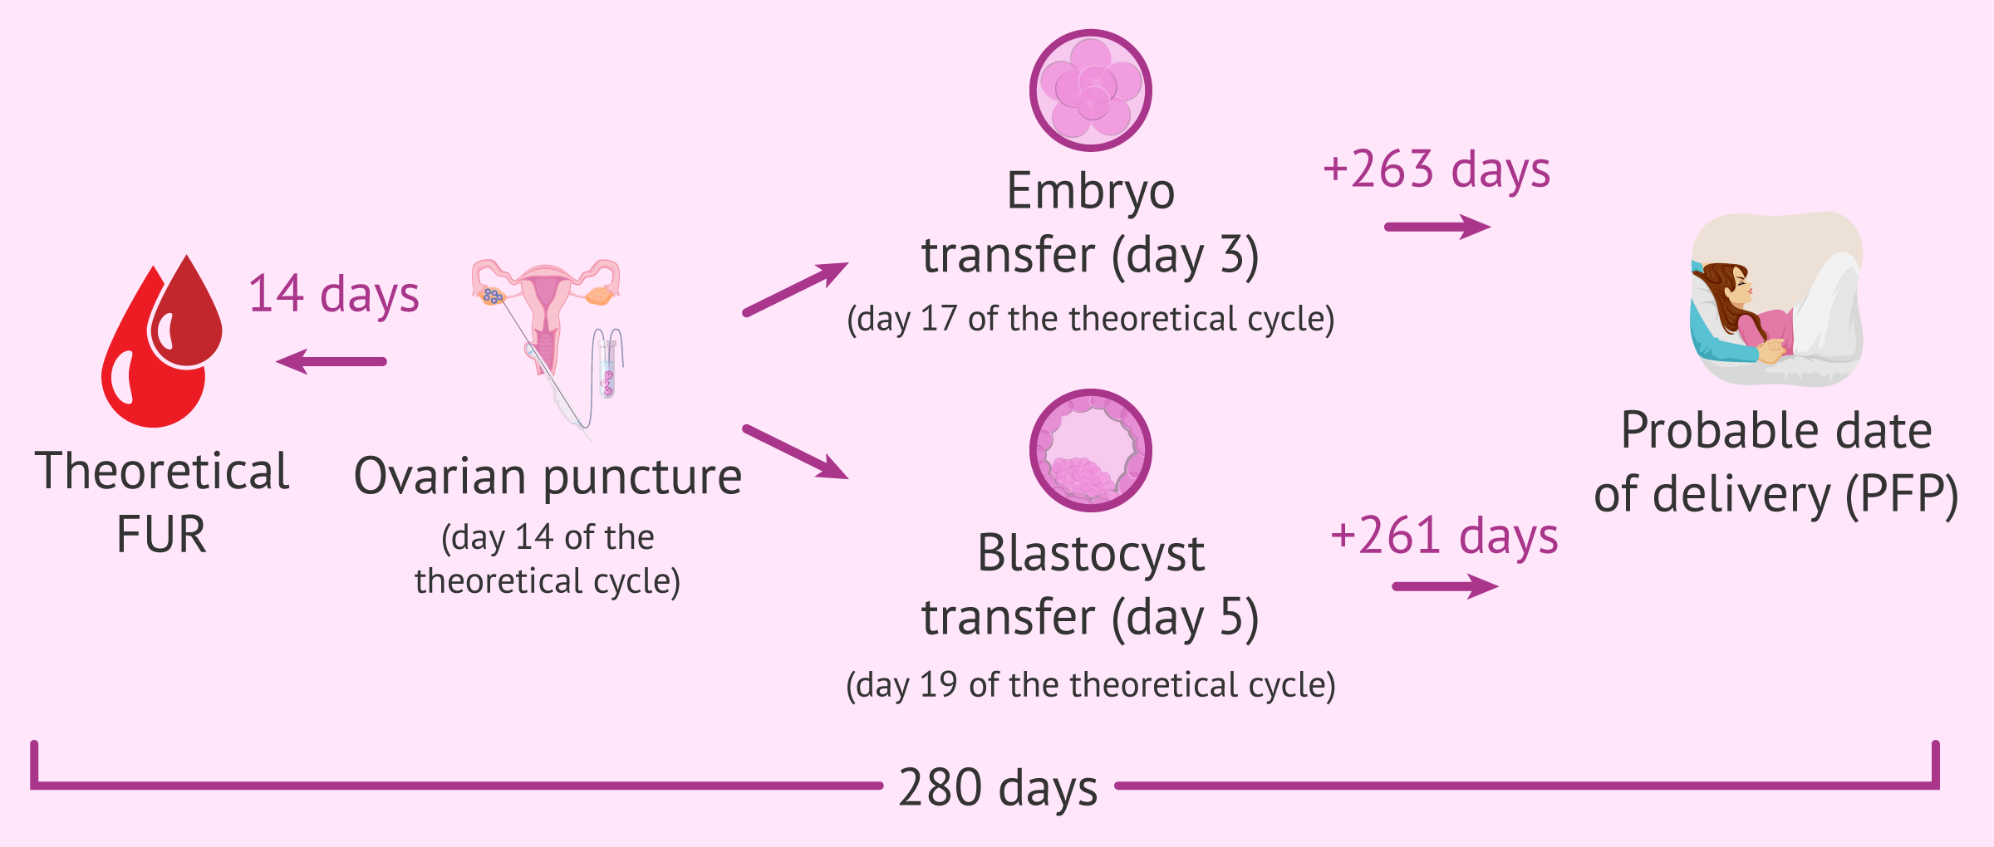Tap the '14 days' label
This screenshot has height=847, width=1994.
coord(334,295)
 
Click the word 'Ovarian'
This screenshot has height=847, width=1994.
coord(440,477)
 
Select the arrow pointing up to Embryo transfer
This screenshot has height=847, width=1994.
coord(795,289)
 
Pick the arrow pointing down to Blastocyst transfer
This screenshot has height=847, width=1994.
coord(795,452)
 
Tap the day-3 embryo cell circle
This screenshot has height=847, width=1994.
coord(1090,91)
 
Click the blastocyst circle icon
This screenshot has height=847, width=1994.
coord(1090,450)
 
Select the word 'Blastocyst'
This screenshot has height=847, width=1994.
coord(1091,554)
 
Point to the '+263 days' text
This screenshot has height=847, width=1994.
coord(1437,169)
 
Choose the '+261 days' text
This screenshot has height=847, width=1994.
coord(1444,536)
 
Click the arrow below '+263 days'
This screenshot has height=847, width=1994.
coord(1437,227)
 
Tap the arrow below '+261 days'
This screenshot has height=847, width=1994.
coord(1445,586)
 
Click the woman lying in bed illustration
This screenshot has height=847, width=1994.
coord(1776,299)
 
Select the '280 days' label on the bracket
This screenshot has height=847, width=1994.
coord(998,787)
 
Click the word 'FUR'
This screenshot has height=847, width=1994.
coord(161,534)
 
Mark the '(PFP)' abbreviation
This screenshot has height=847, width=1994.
coord(1902,496)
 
